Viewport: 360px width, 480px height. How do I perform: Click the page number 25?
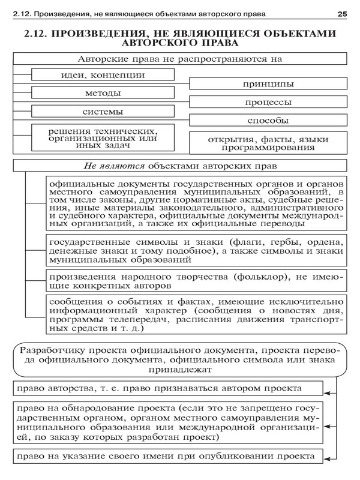point(343,13)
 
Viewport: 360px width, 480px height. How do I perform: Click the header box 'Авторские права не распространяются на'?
point(180,59)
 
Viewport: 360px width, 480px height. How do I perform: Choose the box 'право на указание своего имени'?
point(167,456)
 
